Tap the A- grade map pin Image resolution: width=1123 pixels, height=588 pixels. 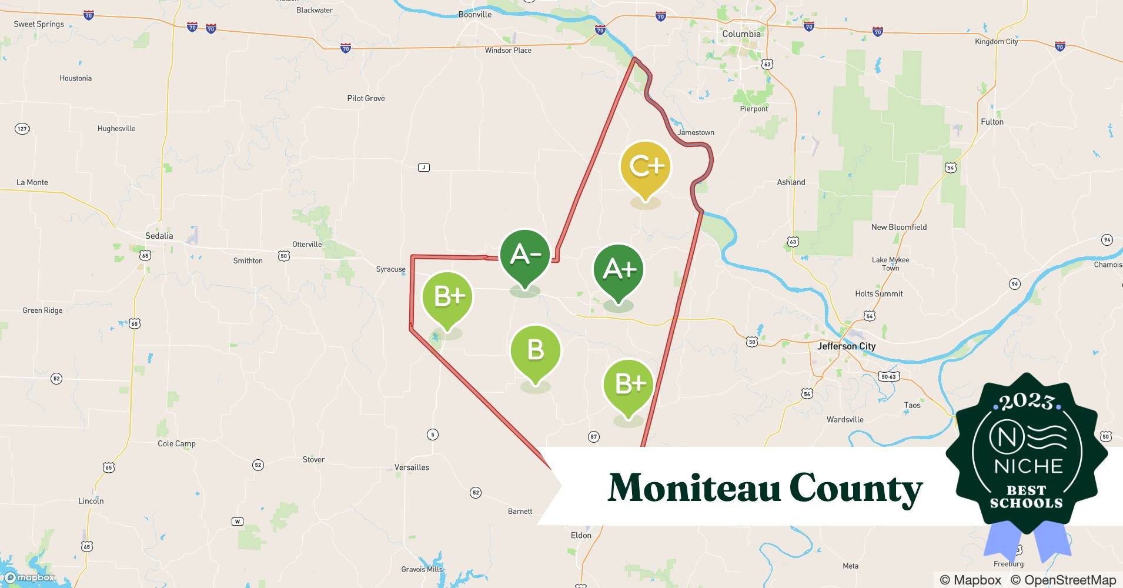525,255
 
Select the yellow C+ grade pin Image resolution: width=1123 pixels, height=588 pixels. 646,166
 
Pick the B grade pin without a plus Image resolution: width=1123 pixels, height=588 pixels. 535,350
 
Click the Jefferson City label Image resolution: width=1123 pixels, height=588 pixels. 846,346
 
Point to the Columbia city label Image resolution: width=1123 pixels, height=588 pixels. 741,34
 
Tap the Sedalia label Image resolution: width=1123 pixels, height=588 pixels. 159,236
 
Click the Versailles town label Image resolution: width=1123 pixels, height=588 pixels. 412,467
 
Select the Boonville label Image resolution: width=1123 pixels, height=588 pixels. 474,15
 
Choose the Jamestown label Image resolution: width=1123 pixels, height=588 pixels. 696,132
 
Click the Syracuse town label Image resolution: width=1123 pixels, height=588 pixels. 390,269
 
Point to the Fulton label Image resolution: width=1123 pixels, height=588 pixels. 992,122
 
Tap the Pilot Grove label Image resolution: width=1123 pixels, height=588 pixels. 366,98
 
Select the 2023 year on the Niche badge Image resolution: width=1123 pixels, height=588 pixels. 1027,402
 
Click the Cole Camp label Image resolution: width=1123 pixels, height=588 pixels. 176,443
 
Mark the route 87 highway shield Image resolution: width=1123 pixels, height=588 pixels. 593,436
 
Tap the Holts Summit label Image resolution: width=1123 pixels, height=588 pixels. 878,293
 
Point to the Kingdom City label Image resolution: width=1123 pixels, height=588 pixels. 996,42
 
